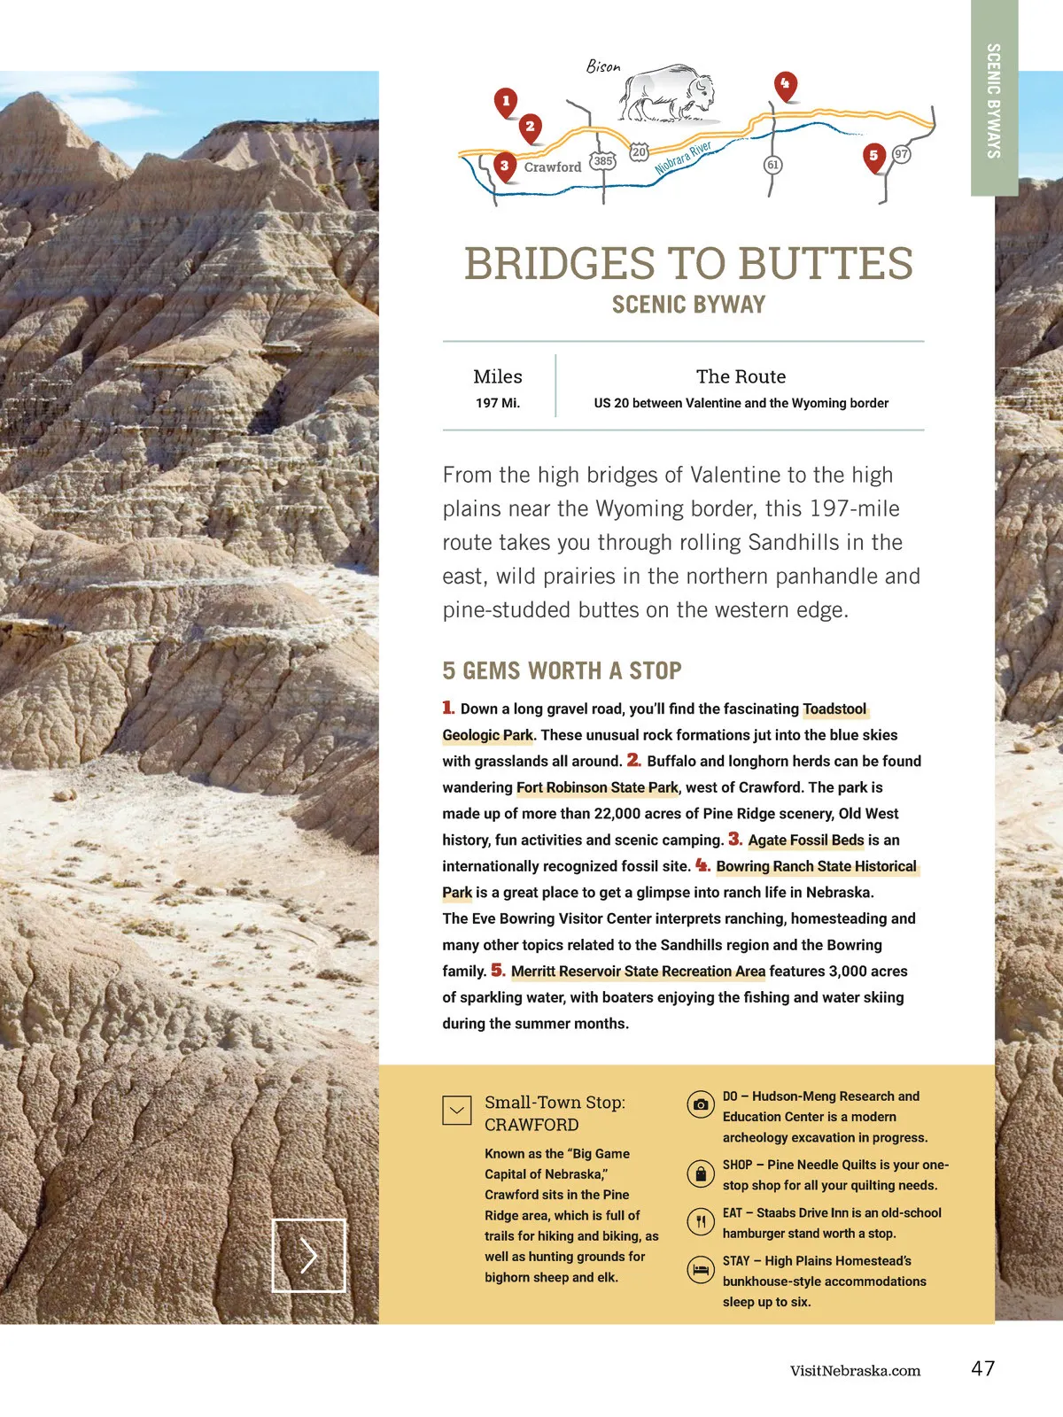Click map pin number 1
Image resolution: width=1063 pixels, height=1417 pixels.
[506, 102]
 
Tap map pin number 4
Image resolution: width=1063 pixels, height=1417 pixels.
[785, 85]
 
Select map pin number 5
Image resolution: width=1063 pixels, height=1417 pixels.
[873, 157]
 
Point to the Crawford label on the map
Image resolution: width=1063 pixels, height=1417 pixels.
[553, 166]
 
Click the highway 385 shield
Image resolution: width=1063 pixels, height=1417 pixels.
[603, 161]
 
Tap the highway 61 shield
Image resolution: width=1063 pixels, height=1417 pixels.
[772, 165]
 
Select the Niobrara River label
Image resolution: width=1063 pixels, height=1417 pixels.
[683, 158]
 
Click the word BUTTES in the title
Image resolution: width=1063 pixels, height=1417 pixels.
[826, 264]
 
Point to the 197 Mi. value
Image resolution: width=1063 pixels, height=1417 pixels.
[498, 403]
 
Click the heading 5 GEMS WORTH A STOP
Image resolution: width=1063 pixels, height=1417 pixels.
[562, 670]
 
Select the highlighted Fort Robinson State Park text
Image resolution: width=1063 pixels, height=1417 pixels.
[597, 787]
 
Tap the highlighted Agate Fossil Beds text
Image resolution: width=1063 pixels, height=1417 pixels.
[806, 840]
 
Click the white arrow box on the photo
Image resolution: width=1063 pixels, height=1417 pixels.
[308, 1255]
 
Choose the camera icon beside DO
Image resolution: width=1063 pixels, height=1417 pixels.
[701, 1104]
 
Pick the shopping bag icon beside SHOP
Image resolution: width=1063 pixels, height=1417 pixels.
[701, 1173]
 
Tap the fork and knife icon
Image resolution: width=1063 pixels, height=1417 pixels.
[701, 1221]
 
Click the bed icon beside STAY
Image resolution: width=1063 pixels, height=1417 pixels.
[701, 1269]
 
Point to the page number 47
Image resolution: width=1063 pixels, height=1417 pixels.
[982, 1368]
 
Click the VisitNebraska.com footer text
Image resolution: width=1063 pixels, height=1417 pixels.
[855, 1371]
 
